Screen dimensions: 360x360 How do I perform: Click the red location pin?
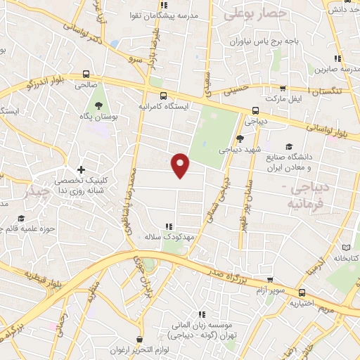tap(181, 165)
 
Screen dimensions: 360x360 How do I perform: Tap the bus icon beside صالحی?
tap(86, 73)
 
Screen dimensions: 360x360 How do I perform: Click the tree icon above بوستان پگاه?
tap(96, 105)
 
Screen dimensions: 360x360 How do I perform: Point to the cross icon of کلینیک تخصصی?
tap(82, 169)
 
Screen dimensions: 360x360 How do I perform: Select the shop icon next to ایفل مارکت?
tap(283, 89)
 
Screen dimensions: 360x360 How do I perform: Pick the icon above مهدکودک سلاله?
tap(167, 226)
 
